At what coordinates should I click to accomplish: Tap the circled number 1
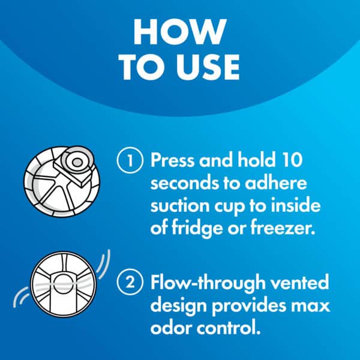point(130,160)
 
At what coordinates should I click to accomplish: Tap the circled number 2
point(130,282)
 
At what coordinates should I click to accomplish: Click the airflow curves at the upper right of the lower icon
point(103,264)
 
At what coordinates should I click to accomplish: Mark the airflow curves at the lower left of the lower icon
point(21,297)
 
